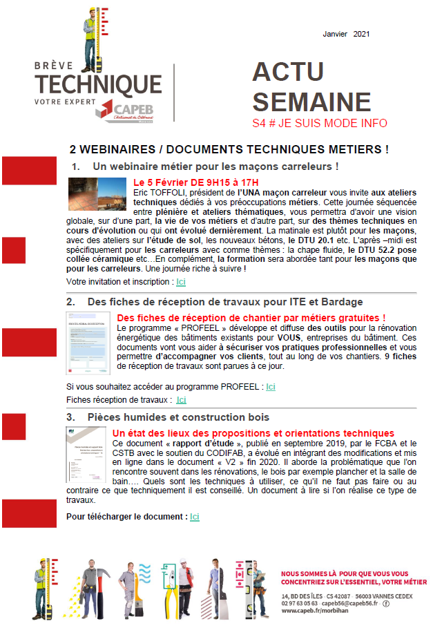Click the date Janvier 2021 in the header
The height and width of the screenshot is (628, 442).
pos(347,34)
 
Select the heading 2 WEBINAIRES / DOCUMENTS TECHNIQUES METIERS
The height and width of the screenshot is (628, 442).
pos(230,149)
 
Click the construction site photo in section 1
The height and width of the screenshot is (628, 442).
pos(97,194)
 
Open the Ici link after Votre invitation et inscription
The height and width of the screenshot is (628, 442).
pos(181,282)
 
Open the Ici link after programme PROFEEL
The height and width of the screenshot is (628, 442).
pos(271,387)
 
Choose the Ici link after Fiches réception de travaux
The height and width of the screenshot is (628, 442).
pos(181,400)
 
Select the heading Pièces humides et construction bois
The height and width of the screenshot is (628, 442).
pos(178,418)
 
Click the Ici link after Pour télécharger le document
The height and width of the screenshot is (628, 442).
pos(195,517)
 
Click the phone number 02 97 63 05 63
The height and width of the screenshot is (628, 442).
pos(300,602)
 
